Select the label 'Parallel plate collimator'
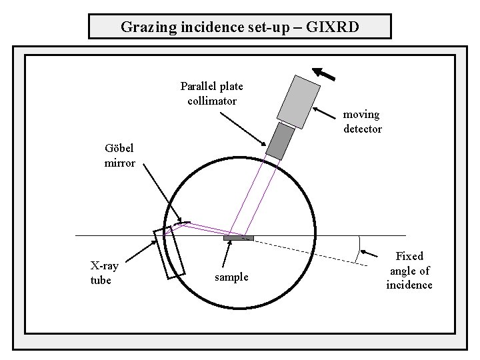211,93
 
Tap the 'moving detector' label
362,122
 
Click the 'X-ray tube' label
104,273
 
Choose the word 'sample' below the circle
231,277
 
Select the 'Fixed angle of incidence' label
409,270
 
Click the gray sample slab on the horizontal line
239,237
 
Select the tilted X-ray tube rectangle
169,251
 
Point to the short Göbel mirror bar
182,223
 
